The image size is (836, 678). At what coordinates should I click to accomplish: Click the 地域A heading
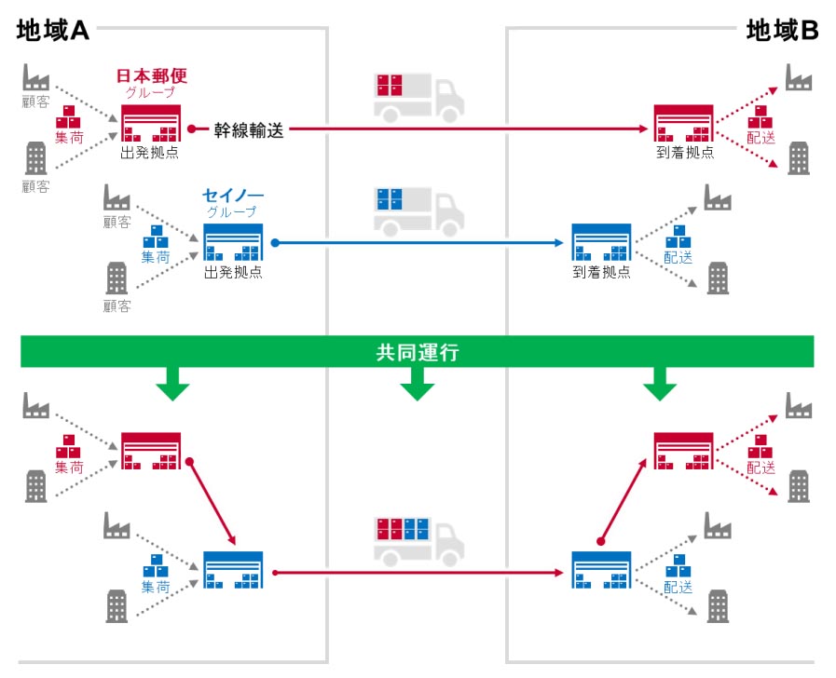pyautogui.click(x=52, y=31)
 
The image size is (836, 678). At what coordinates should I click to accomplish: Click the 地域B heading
pyautogui.click(x=782, y=31)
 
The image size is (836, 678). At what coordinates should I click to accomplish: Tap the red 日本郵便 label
pyautogui.click(x=151, y=75)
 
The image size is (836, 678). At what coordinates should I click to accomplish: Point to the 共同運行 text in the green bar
pyautogui.click(x=418, y=353)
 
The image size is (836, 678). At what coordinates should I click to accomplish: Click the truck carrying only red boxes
pyautogui.click(x=418, y=96)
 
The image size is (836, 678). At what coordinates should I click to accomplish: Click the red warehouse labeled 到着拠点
pyautogui.click(x=683, y=125)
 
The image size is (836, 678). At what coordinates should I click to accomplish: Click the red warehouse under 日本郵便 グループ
pyautogui.click(x=150, y=125)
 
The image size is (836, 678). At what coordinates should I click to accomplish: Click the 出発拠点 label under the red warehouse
pyautogui.click(x=150, y=153)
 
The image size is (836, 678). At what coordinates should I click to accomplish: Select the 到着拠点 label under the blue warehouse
pyautogui.click(x=601, y=273)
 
